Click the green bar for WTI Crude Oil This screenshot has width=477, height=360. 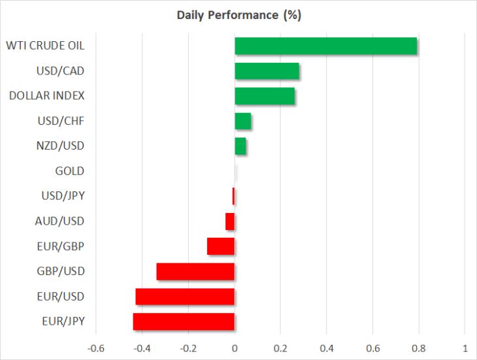pyautogui.click(x=326, y=46)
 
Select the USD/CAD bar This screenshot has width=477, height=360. pyautogui.click(x=267, y=71)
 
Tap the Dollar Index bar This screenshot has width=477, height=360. pyautogui.click(x=265, y=96)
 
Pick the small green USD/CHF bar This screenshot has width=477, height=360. pyautogui.click(x=243, y=121)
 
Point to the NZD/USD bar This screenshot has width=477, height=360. pyautogui.click(x=240, y=146)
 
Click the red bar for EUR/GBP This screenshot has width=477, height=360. pyautogui.click(x=221, y=246)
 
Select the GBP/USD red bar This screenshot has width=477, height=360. pyautogui.click(x=195, y=271)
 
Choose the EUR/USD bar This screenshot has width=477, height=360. pyautogui.click(x=185, y=297)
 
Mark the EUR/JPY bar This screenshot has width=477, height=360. pyautogui.click(x=184, y=321)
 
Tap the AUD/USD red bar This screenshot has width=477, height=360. pyautogui.click(x=230, y=221)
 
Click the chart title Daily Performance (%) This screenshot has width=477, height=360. pyautogui.click(x=239, y=15)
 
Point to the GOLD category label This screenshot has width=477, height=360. pyautogui.click(x=70, y=171)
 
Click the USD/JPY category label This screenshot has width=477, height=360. pyautogui.click(x=63, y=196)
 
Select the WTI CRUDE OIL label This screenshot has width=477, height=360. pyautogui.click(x=45, y=46)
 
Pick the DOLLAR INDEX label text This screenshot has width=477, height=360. pyautogui.click(x=46, y=96)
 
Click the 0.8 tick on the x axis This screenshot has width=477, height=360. pyautogui.click(x=419, y=348)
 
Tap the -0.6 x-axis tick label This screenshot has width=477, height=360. pyautogui.click(x=96, y=348)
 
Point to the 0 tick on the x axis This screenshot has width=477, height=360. pyautogui.click(x=235, y=348)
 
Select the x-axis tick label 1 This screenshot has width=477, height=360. pyautogui.click(x=465, y=348)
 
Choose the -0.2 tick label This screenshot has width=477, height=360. pyautogui.click(x=188, y=348)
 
